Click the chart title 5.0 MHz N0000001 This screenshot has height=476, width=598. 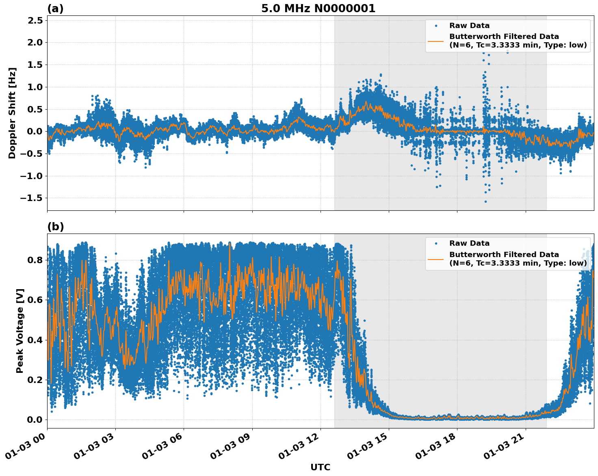[318, 9]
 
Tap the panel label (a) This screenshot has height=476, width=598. [55, 9]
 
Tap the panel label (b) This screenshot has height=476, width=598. [55, 227]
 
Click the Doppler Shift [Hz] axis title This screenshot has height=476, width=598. [12, 113]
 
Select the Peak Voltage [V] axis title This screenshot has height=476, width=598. [20, 331]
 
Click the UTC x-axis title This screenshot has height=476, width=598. [320, 467]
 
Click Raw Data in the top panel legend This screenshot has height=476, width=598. [469, 26]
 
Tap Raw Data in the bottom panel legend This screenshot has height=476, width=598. [469, 243]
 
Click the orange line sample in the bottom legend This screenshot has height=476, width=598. [435, 259]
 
